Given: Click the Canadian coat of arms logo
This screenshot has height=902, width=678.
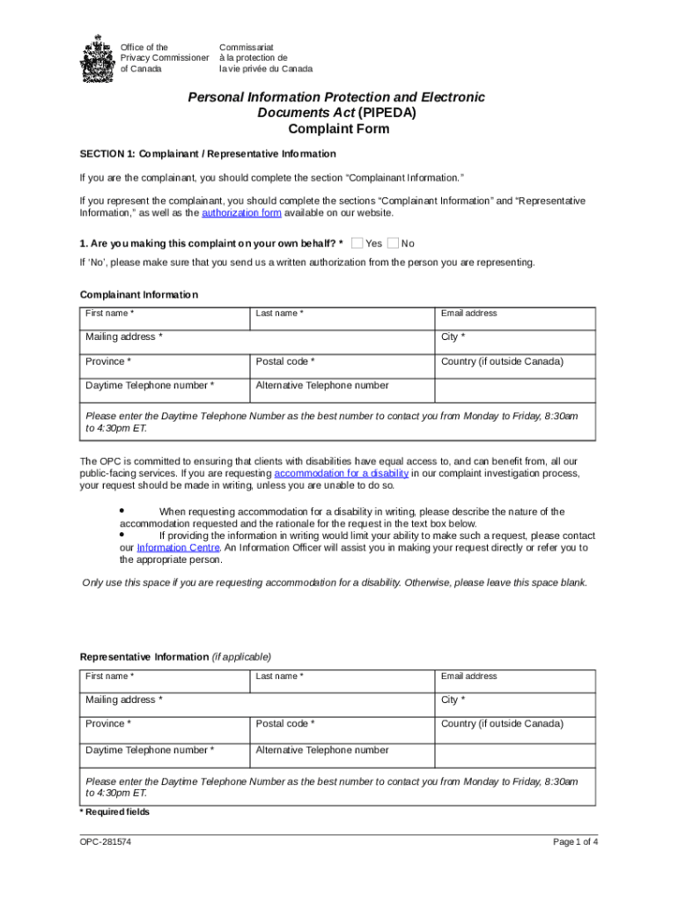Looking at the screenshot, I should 97,58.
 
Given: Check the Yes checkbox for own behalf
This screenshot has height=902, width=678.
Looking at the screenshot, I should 357,243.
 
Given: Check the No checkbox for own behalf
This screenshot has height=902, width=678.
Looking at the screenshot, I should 393,243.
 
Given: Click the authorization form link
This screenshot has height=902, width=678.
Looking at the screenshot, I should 241,213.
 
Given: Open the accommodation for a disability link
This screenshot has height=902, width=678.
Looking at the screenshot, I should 342,473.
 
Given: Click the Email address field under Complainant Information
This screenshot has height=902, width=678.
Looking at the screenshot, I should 515,318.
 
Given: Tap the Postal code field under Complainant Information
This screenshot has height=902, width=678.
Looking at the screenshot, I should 343,366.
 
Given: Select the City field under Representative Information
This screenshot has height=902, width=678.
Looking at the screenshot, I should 515,705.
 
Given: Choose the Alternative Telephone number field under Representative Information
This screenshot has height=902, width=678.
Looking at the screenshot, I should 343,755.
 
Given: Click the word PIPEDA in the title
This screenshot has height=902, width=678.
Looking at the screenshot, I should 387,113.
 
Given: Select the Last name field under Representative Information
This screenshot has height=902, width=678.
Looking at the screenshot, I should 343,681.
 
